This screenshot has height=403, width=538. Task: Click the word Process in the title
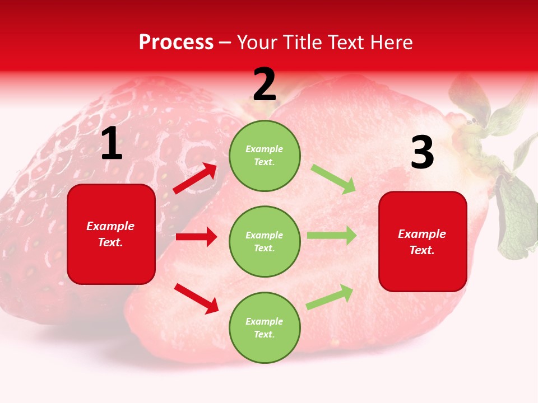[x=176, y=43]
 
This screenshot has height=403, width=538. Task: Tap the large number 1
[x=112, y=144]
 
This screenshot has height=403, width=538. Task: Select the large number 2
[x=265, y=85]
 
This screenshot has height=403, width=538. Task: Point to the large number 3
[x=422, y=153]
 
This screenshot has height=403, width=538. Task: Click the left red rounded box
[x=111, y=234]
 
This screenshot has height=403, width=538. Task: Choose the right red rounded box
[x=423, y=241]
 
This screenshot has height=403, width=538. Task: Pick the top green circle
[x=265, y=156]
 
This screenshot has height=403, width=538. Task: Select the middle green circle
[x=265, y=241]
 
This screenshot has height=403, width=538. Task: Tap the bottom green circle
[x=265, y=327]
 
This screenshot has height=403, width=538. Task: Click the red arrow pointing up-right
[x=195, y=179]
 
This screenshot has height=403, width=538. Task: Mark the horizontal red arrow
[x=196, y=237]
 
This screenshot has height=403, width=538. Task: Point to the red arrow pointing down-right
[x=196, y=298]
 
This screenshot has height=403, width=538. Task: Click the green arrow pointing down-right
[x=333, y=179]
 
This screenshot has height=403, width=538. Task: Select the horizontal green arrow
[x=332, y=236]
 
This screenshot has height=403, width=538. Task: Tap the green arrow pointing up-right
[x=330, y=297]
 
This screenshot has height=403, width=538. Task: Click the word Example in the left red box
[x=110, y=226]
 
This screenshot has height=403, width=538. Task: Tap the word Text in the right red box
[x=421, y=250]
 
